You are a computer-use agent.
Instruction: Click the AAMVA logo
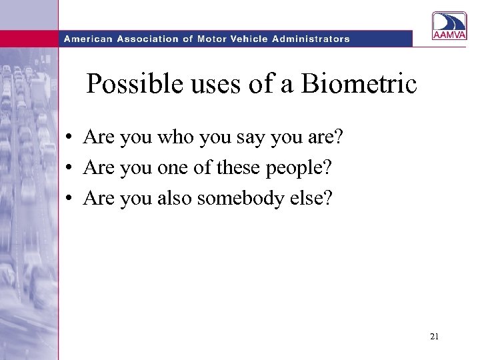point(450,27)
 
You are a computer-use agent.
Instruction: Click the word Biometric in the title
point(359,84)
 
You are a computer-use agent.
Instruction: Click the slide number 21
point(434,337)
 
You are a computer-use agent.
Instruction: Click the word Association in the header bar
point(150,39)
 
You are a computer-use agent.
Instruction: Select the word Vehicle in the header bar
point(251,39)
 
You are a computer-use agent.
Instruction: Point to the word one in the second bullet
point(172,168)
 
